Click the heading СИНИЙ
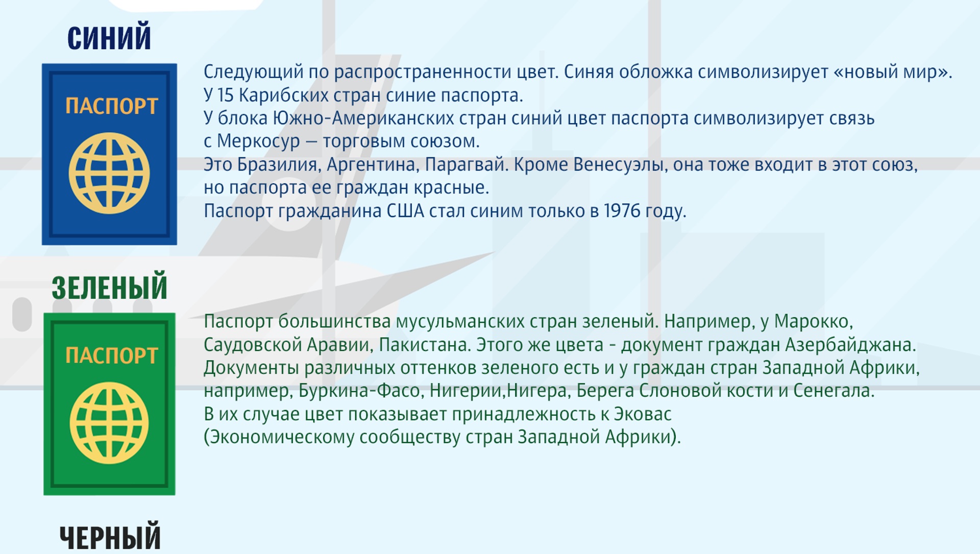coord(109,37)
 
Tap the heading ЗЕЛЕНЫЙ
coord(109,287)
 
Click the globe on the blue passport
coord(109,173)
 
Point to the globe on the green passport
coord(109,423)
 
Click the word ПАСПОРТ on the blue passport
coord(111,106)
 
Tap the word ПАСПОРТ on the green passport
coord(111,356)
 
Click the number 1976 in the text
coord(622,211)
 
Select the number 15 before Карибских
coord(225,95)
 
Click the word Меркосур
coord(258,141)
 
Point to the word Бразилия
coord(279,165)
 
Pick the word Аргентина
coord(373,165)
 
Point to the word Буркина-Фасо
coord(361,391)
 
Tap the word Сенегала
coord(833,391)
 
